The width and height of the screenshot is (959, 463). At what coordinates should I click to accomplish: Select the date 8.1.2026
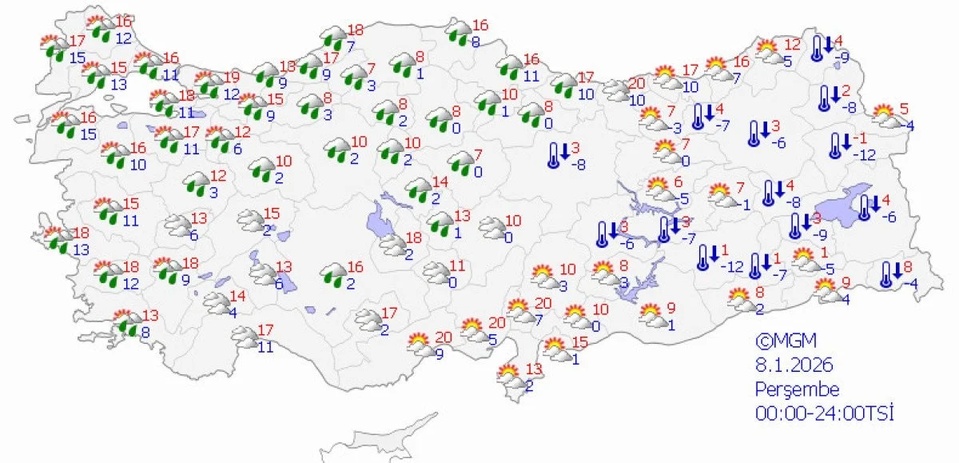[795, 365]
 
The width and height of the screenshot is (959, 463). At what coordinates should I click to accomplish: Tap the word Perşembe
[798, 389]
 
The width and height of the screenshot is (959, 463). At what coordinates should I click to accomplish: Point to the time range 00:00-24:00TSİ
[824, 413]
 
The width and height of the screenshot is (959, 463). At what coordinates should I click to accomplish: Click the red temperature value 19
[232, 77]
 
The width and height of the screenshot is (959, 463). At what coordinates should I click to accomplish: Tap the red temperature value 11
[456, 265]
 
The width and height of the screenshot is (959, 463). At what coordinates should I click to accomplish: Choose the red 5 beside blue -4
[904, 109]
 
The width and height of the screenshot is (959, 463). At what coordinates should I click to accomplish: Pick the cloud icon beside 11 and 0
[436, 273]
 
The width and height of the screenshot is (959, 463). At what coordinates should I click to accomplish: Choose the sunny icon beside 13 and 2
[508, 374]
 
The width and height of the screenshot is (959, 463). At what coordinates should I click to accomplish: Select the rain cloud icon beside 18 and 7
[332, 38]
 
